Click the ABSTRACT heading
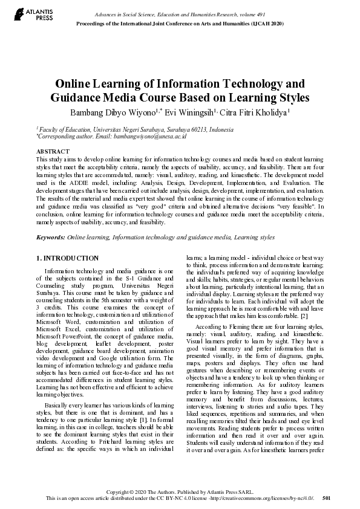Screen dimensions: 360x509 53,151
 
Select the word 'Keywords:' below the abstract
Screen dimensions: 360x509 51,238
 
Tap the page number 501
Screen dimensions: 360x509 327,498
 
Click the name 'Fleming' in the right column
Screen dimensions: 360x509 235,326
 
